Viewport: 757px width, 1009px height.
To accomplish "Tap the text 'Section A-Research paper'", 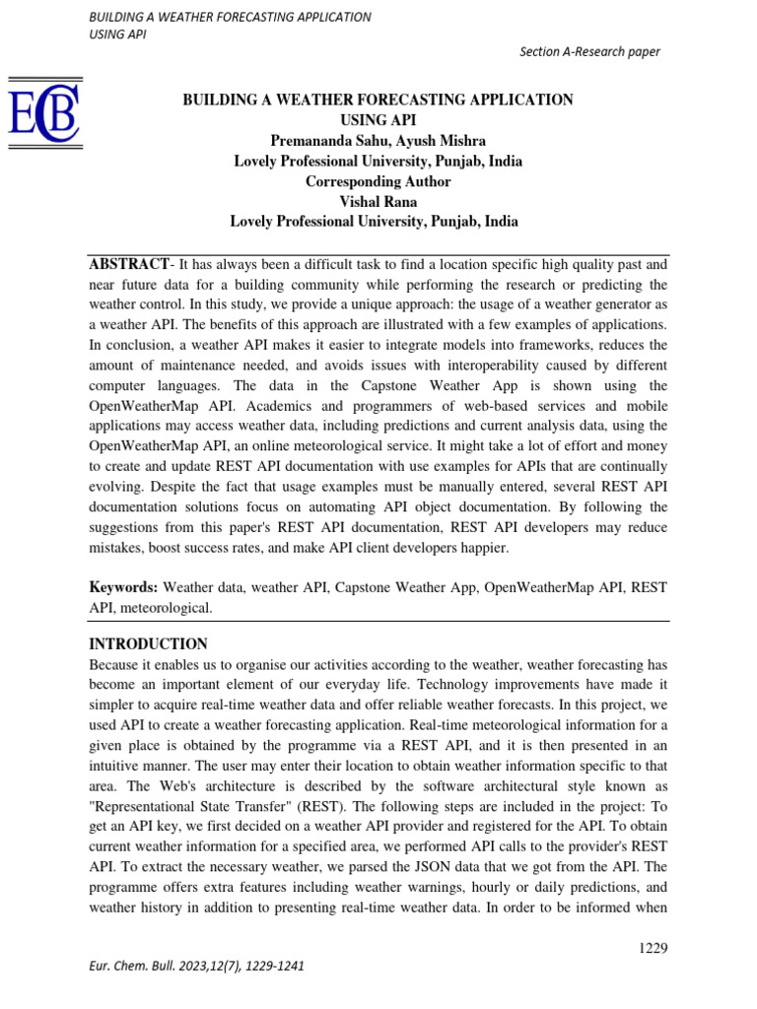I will point(589,52).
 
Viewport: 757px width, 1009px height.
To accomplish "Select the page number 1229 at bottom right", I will point(654,948).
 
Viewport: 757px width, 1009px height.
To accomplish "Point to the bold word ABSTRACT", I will point(129,264).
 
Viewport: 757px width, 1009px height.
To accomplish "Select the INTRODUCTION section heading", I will point(148,643).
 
